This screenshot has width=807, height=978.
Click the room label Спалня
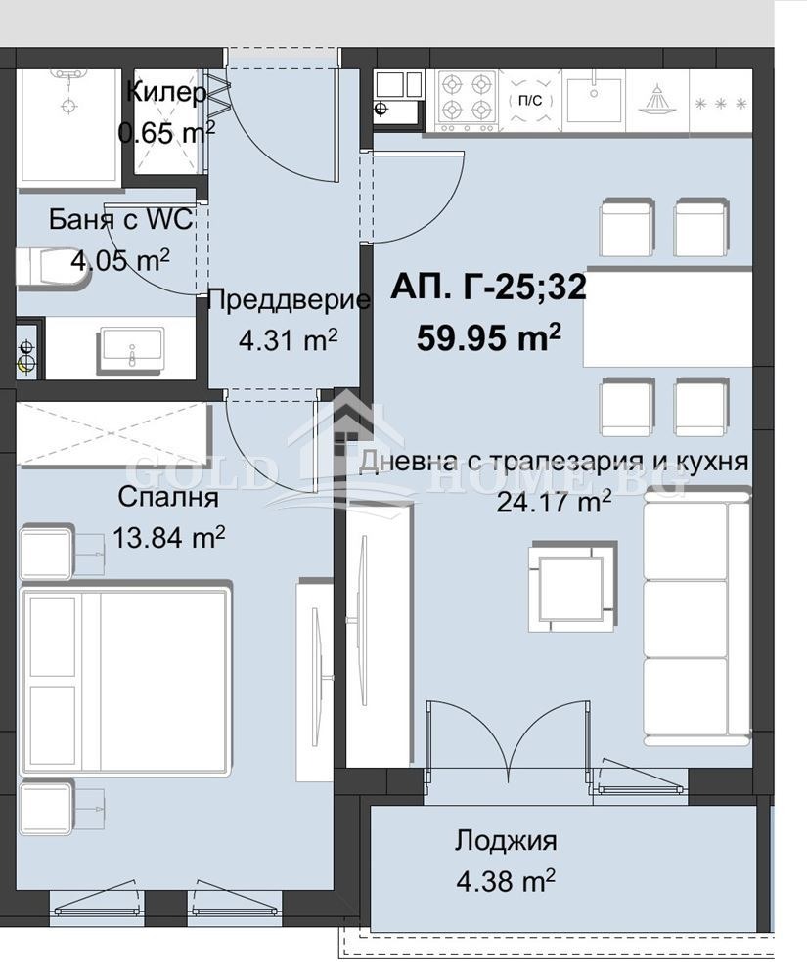click(x=167, y=497)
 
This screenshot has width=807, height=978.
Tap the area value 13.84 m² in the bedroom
click(x=168, y=537)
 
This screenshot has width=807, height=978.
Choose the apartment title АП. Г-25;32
click(x=488, y=287)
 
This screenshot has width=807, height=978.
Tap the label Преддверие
click(x=289, y=300)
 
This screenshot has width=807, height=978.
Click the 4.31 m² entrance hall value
click(x=289, y=339)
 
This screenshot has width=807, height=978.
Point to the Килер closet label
click(x=166, y=93)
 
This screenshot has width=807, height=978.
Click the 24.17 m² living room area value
click(x=555, y=502)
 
